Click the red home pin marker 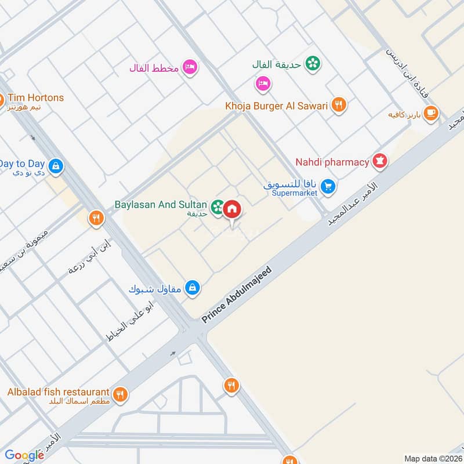pos(232,209)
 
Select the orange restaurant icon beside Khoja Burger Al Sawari pos(339,106)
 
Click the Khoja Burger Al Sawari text pos(277,106)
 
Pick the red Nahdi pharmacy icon pos(380,161)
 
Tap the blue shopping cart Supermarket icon pos(328,187)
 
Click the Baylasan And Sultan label pos(161,204)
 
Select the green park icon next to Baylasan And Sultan pos(217,206)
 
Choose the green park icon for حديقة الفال pos(313,64)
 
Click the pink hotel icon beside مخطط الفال pos(190,68)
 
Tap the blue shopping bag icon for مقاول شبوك pos(194,287)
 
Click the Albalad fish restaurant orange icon pos(120,394)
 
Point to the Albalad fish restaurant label pos(58,392)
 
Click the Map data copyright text pos(432,458)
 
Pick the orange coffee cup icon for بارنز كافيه pos(430,114)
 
